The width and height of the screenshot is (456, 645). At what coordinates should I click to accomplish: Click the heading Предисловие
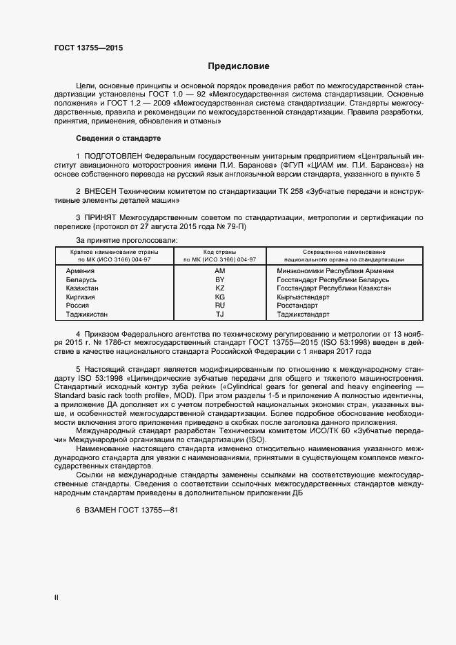(x=239, y=66)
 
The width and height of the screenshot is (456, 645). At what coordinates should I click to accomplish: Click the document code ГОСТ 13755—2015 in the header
(x=89, y=48)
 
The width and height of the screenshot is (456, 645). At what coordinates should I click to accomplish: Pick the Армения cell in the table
(x=80, y=271)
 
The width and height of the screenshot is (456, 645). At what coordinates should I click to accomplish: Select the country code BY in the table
(x=220, y=279)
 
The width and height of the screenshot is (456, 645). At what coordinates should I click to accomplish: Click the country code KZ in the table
(x=220, y=288)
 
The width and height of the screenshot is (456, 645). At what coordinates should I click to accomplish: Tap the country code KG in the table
(x=220, y=297)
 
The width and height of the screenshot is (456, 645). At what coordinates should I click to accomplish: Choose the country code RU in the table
(x=220, y=305)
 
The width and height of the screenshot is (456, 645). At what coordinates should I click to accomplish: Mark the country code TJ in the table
(x=220, y=314)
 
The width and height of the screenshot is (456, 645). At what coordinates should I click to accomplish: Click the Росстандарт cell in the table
(x=297, y=305)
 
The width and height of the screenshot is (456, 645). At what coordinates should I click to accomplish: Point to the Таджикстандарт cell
(x=303, y=314)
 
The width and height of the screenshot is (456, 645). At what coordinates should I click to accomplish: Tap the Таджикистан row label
(x=86, y=314)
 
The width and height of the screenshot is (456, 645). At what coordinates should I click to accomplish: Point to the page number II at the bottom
(x=56, y=597)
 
